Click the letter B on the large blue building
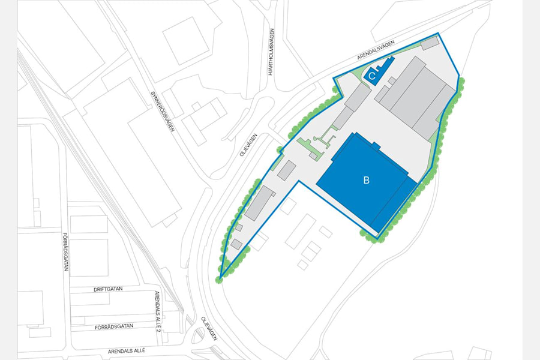(x=366, y=179)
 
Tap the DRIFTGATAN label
(x=108, y=289)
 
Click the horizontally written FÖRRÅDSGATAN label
(x=118, y=328)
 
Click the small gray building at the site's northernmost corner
(x=430, y=44)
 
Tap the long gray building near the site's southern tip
(x=259, y=202)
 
